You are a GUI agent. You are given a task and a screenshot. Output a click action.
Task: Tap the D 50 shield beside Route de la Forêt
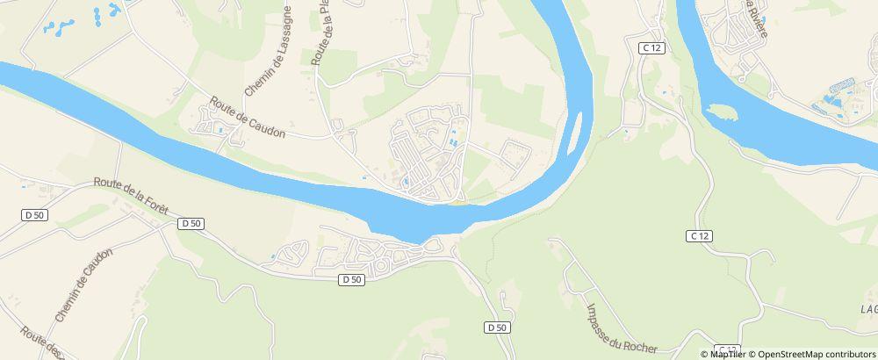(191, 224)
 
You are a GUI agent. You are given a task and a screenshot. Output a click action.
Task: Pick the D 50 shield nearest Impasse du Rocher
(496, 328)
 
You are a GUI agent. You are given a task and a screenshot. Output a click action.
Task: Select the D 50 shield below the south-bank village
(351, 279)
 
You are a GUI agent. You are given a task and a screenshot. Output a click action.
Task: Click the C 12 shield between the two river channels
(651, 48)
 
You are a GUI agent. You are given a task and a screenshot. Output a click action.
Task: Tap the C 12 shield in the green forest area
(698, 235)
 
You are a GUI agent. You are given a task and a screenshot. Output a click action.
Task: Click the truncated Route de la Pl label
(321, 32)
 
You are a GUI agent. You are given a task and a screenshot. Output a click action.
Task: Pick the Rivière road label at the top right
(758, 22)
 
